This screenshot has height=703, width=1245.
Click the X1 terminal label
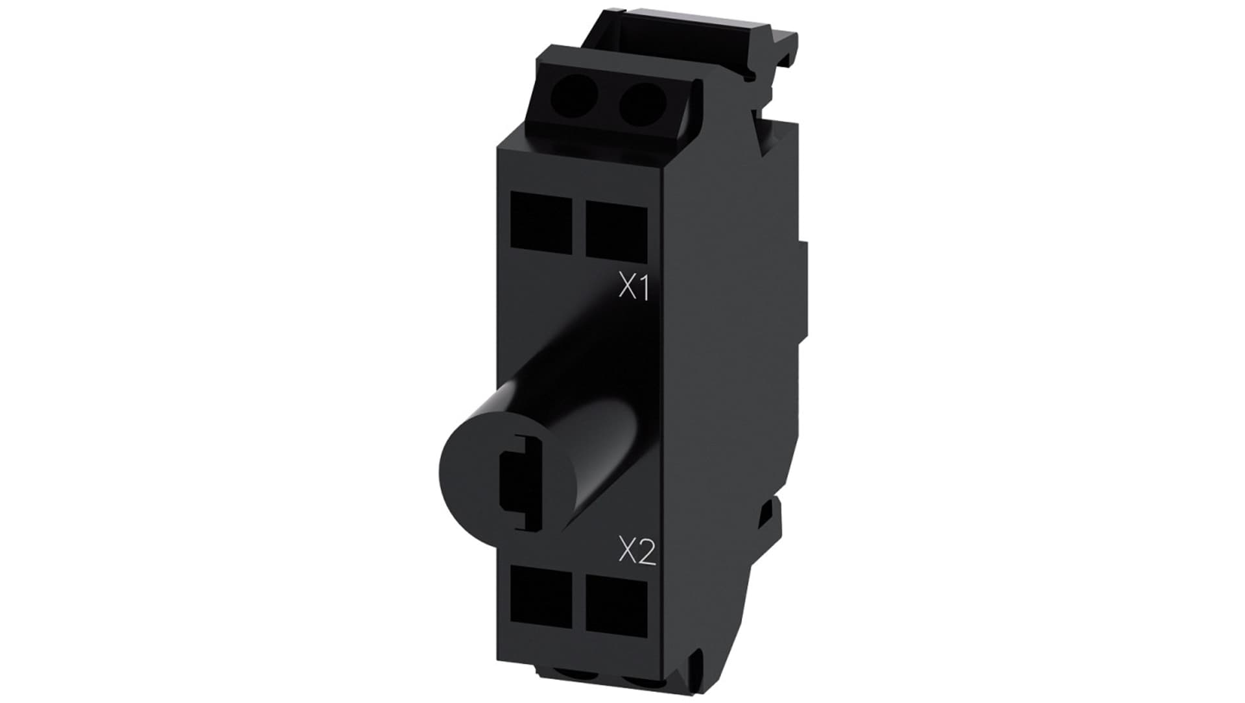coord(634,289)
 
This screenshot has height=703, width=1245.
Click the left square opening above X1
coord(541,220)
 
